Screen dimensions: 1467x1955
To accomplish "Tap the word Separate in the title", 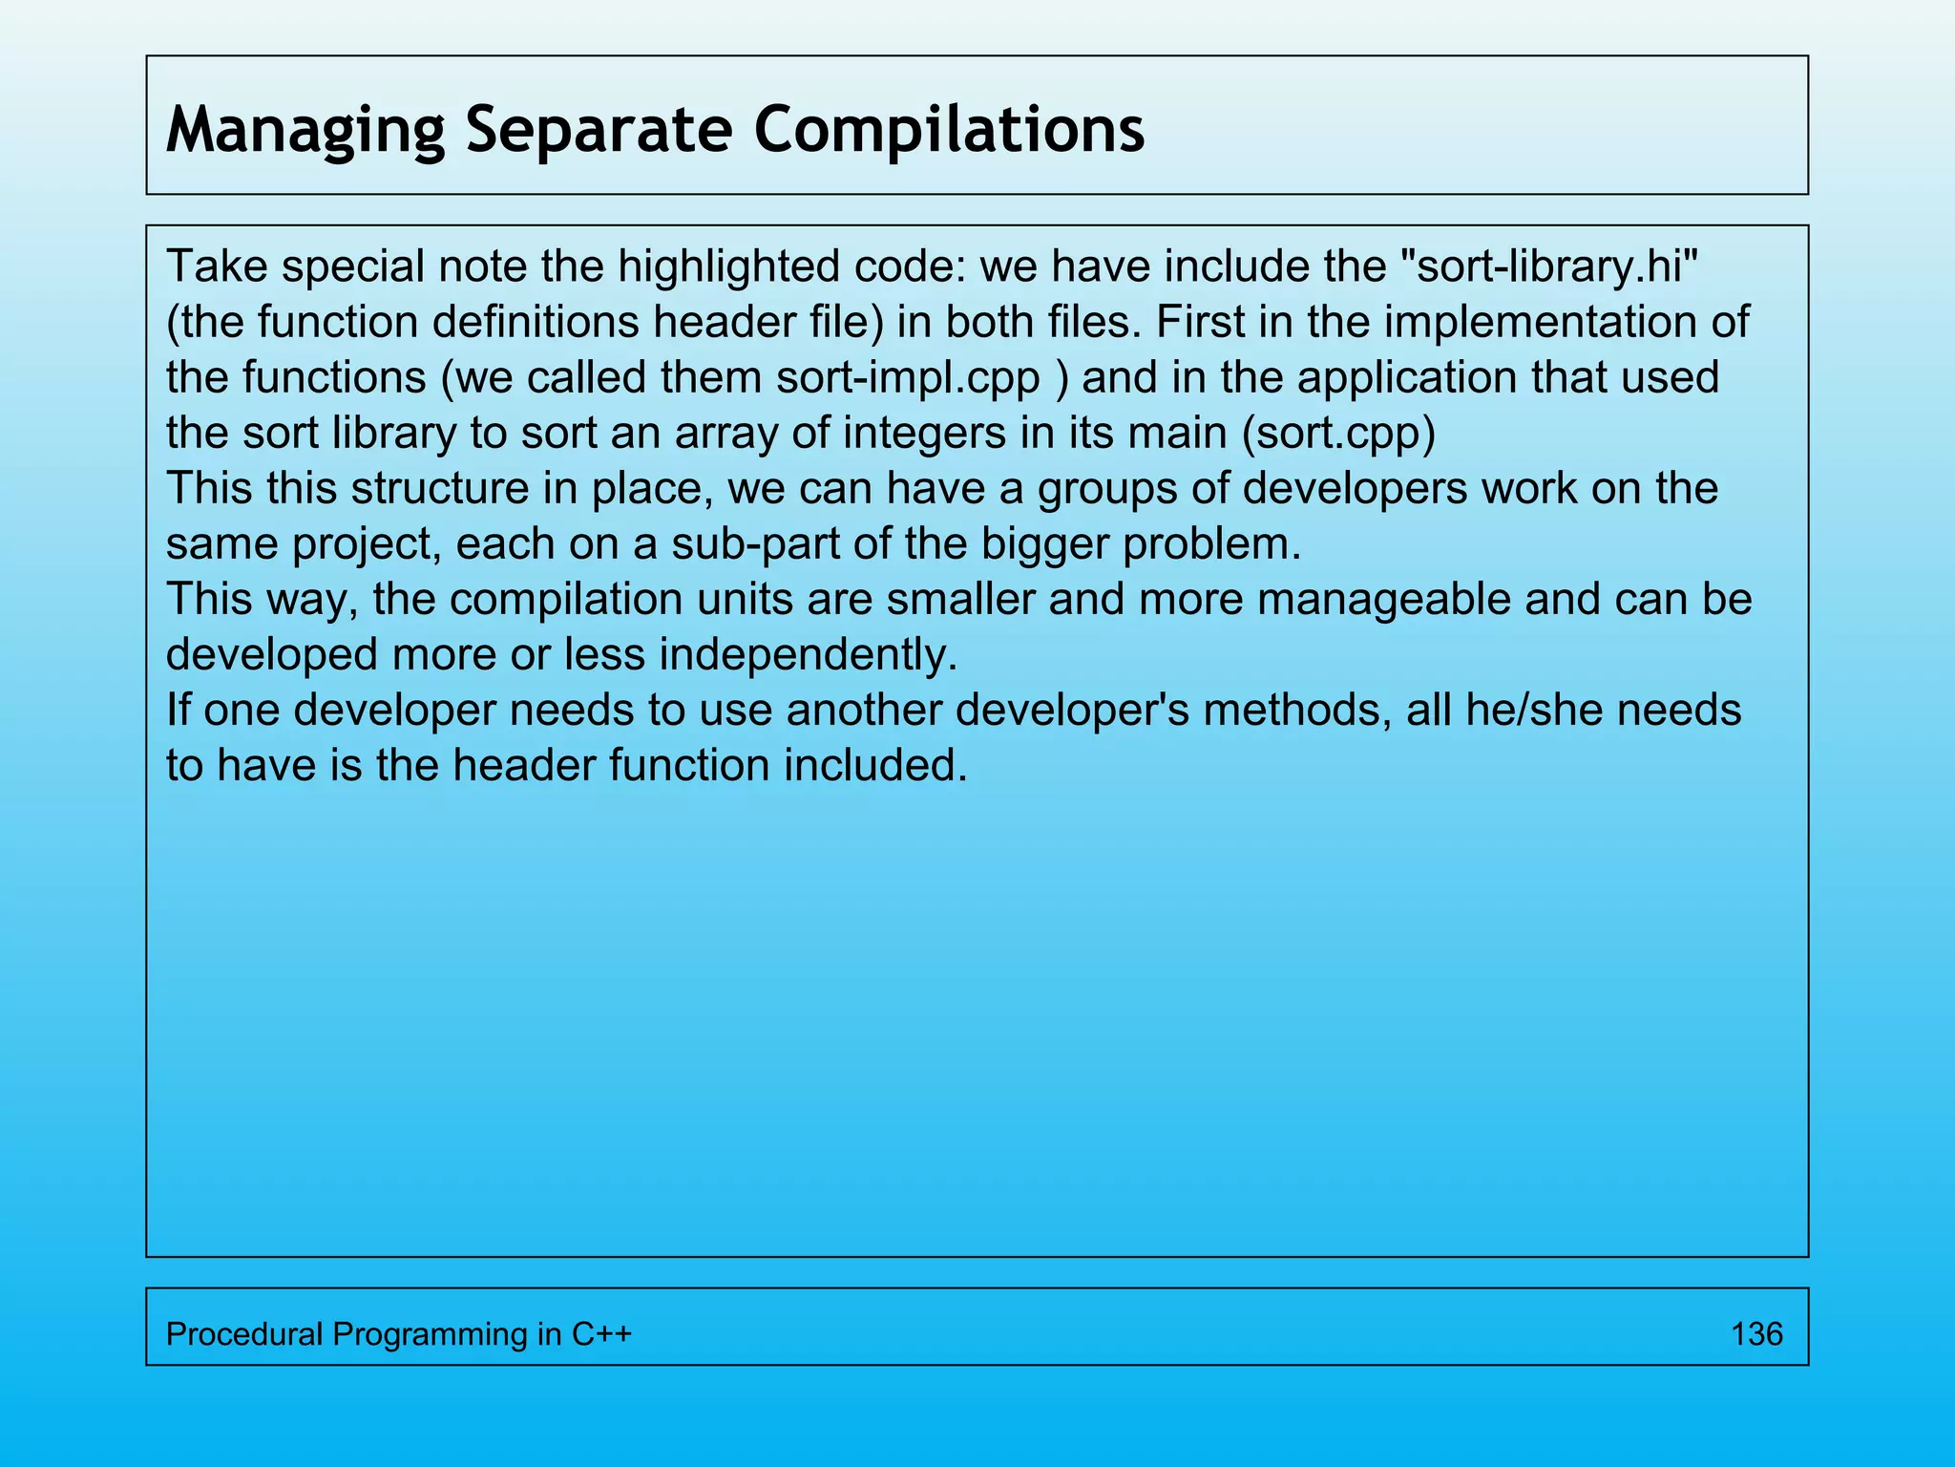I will pos(599,130).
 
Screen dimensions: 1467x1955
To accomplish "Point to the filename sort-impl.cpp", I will pos(908,377).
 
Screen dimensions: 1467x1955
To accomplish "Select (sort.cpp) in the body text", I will pos(1338,433).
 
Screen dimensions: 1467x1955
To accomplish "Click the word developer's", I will pos(1072,710).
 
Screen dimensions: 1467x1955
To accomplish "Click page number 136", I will pos(1756,1333).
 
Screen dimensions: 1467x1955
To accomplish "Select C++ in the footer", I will pos(601,1333).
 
